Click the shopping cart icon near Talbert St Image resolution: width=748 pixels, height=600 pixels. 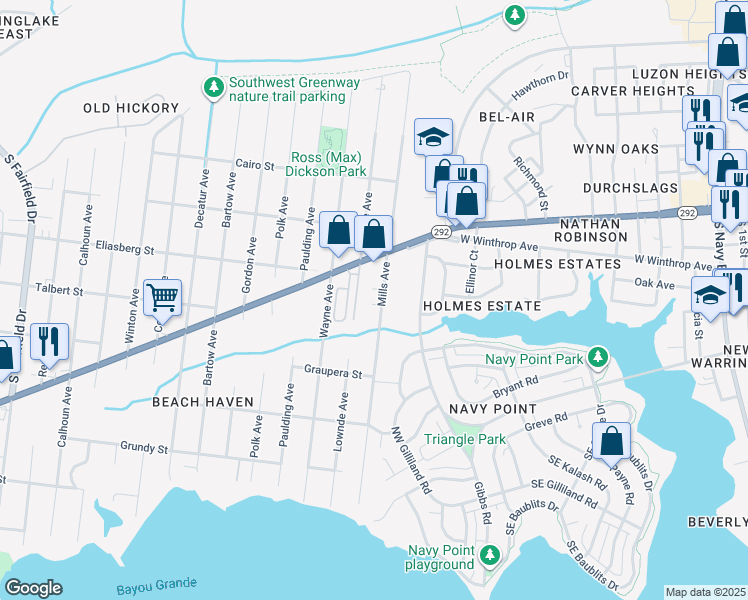coord(162,296)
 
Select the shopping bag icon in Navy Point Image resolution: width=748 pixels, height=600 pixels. coord(610,440)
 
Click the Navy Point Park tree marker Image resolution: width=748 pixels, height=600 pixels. coord(598,356)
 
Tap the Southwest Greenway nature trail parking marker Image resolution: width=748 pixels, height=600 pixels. coord(213,88)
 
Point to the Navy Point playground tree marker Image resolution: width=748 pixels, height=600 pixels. coord(489,554)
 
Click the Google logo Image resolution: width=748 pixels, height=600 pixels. coord(33,587)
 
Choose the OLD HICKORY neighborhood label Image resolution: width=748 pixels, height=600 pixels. coord(131,108)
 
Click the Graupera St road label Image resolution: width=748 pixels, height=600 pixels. coord(331,371)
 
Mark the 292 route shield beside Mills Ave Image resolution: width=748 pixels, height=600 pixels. coord(441,231)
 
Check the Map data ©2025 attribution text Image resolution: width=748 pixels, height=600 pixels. coord(705,592)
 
